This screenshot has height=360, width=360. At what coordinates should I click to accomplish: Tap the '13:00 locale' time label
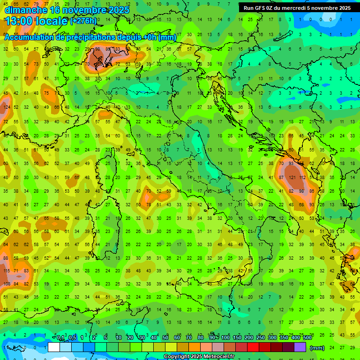[36, 21]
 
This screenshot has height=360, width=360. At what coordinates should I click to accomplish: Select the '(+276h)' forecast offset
[83, 21]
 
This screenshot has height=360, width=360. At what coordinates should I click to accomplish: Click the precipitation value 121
[292, 178]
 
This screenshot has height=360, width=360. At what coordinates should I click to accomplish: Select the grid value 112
[303, 178]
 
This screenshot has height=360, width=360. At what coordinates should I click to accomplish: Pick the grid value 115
[7, 271]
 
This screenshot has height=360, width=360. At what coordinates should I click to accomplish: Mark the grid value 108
[7, 284]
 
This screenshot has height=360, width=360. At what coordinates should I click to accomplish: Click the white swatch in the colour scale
[54, 347]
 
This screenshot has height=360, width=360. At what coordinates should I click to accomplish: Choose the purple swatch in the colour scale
[300, 347]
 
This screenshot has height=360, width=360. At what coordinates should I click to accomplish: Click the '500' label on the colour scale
[307, 338]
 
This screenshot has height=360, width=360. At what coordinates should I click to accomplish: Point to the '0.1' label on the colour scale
[61, 338]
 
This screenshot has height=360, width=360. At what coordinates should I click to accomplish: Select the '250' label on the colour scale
[260, 338]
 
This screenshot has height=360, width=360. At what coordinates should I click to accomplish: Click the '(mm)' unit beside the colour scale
[317, 348]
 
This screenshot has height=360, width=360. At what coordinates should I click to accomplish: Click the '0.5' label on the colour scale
[73, 338]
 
